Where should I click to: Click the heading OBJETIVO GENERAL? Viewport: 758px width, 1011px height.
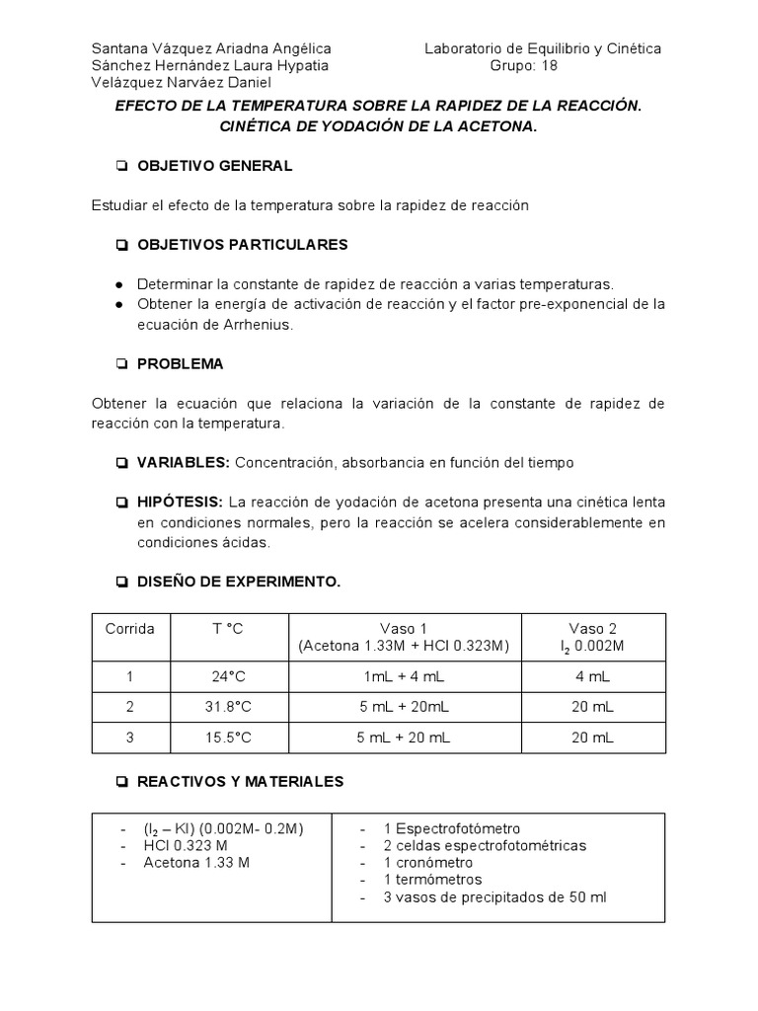[214, 166]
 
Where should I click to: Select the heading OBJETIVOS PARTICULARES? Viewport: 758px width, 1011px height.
[242, 244]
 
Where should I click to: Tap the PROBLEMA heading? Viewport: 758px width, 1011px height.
[180, 363]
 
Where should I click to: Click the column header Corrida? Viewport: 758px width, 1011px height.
[130, 629]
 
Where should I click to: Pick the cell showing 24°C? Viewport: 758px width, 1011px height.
[228, 676]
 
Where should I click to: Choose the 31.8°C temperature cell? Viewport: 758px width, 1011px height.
[228, 706]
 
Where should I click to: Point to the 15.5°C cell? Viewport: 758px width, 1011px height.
[228, 737]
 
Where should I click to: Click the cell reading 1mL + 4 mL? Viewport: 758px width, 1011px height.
[404, 676]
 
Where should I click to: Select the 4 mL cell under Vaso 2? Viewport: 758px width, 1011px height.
[592, 676]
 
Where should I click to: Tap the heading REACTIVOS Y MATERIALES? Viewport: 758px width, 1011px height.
[240, 781]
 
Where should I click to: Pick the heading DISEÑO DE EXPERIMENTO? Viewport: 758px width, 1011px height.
[238, 582]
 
